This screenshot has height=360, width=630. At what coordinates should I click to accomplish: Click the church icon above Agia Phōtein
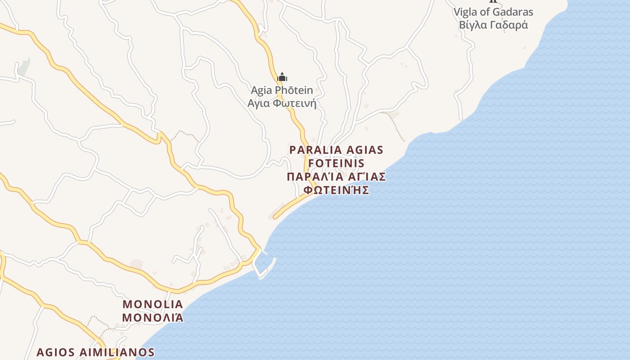coord(282,77)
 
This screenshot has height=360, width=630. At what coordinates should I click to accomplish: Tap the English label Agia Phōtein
coord(282,90)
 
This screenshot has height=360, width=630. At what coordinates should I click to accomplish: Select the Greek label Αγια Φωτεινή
coord(282,103)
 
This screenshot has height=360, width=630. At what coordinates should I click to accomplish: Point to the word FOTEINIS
coord(337,163)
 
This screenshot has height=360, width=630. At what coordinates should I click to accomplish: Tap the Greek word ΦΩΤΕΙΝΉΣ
coord(337,190)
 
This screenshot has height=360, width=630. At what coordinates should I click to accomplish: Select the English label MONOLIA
coord(153,304)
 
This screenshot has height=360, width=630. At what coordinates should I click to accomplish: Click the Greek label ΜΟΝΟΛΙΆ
coord(153,317)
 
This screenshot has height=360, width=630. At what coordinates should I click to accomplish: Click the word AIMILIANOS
coord(118,352)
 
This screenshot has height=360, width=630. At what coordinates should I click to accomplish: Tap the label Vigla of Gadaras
coord(493,12)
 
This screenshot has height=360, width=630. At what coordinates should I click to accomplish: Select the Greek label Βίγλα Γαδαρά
coord(493,25)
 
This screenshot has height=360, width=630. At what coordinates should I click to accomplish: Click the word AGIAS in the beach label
coord(364,150)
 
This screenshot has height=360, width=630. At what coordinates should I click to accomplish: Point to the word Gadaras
coord(513,12)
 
